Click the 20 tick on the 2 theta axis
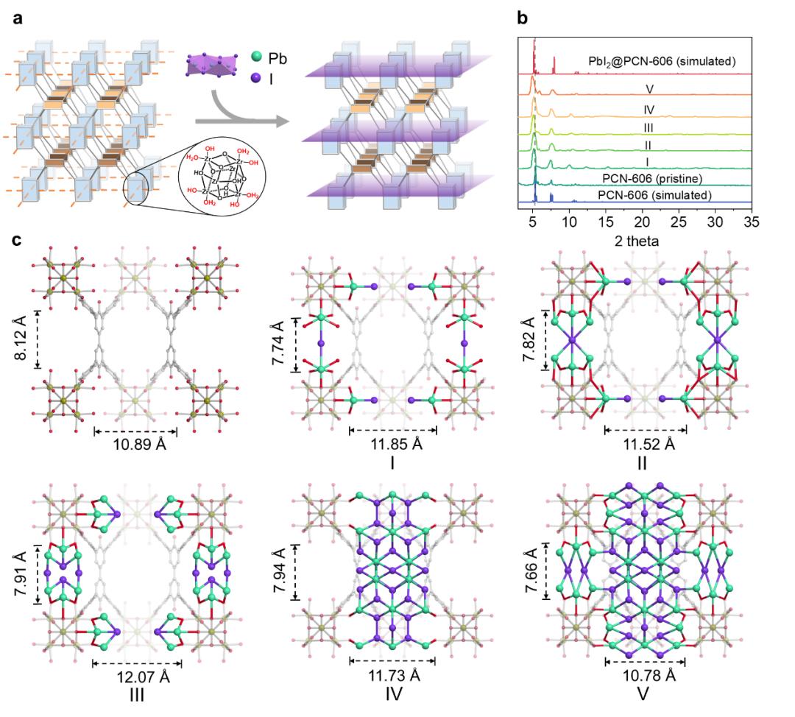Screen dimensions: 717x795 coord(643,221)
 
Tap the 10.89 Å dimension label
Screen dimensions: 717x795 coord(134,445)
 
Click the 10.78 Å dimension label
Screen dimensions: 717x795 coord(645,675)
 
